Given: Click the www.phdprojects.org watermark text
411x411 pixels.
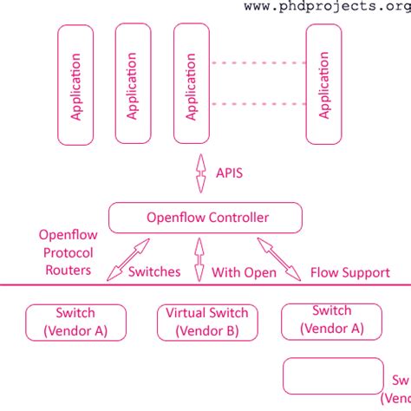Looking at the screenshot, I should point(326,6).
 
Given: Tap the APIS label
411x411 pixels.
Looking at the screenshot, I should point(230,173).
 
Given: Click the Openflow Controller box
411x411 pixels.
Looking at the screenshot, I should point(205,218).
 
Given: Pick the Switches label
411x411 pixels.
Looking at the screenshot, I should point(154,272).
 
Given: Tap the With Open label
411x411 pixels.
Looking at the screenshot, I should point(245,272).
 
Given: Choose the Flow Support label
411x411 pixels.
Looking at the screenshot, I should point(349,272).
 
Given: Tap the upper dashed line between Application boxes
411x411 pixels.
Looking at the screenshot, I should point(258,62).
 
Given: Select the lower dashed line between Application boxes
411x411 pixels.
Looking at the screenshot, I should point(258,104).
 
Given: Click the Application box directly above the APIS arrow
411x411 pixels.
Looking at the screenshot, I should point(192,85).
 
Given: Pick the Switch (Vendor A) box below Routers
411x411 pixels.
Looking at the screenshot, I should point(75,322).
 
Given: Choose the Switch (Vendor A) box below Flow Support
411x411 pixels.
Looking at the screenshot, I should point(331,319).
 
